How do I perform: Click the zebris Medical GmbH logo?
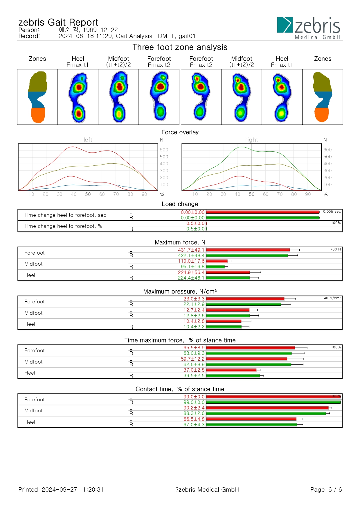click(309, 28)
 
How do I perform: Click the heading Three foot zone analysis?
click(180, 47)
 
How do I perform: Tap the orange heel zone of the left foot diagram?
click(38, 115)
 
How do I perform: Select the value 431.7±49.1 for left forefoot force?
click(191, 250)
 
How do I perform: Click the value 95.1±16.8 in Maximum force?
click(192, 266)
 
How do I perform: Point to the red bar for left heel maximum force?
click(228, 272)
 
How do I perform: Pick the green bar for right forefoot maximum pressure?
click(244, 304)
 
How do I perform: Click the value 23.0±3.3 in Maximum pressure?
click(194, 299)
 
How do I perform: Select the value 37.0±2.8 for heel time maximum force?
click(194, 370)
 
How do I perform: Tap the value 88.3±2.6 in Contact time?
click(194, 413)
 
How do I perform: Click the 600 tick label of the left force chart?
click(164, 150)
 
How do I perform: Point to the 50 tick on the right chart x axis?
click(251, 194)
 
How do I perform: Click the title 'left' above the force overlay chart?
click(88, 140)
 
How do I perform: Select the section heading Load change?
click(180, 204)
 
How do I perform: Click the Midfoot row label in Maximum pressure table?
click(33, 313)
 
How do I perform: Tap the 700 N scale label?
click(336, 249)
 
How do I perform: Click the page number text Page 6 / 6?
click(326, 490)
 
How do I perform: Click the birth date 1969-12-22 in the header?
click(100, 30)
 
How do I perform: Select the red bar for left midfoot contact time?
click(267, 408)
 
